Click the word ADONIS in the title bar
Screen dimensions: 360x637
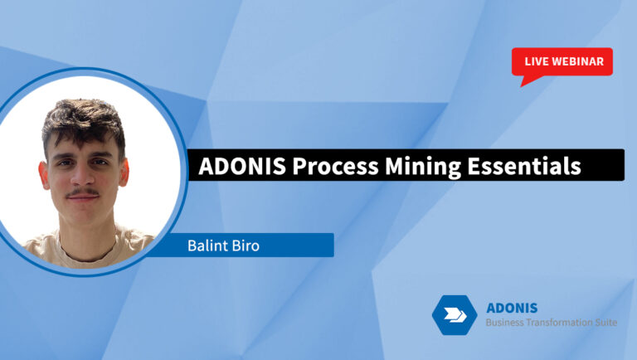coord(236,166)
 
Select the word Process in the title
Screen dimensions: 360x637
coord(326,166)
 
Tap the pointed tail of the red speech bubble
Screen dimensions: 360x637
coord(524,81)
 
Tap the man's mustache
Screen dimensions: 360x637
coord(84,193)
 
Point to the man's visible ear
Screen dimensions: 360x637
coord(124,174)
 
